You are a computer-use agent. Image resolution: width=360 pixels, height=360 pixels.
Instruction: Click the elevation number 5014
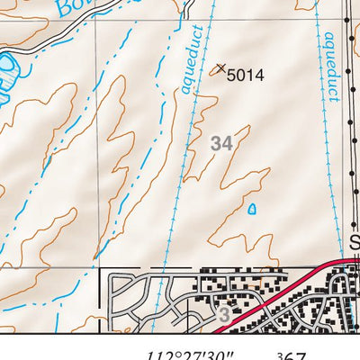[245, 76]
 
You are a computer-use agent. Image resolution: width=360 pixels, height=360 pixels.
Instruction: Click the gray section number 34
[222, 142]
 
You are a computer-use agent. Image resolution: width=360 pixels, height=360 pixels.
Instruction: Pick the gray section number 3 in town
[224, 315]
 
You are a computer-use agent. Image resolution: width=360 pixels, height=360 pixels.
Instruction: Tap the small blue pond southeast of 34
[251, 209]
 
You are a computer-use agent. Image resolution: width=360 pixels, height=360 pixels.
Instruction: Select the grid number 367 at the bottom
[292, 353]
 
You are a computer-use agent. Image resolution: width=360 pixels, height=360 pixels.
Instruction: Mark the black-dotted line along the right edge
[349, 135]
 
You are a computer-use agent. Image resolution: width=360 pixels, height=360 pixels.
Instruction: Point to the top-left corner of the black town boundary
[99, 269]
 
